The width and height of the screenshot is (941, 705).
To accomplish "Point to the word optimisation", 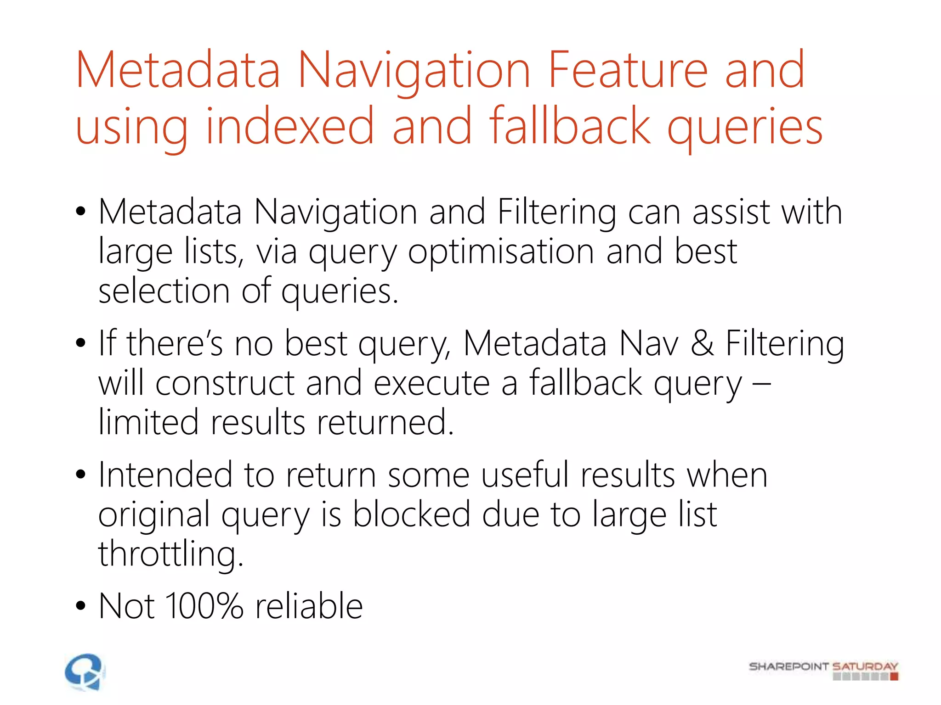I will [501, 252].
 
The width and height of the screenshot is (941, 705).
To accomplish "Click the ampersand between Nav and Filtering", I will [702, 343].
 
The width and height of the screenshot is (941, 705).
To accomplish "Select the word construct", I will [225, 383].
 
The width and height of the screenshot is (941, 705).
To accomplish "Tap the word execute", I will [431, 383].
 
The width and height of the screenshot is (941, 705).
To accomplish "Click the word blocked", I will [411, 515].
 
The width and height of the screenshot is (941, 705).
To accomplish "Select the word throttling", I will [170, 554].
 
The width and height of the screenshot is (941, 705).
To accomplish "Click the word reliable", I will [309, 606].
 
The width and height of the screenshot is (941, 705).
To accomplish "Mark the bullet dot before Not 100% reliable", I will [81, 606].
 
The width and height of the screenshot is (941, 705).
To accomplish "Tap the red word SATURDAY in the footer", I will [865, 666].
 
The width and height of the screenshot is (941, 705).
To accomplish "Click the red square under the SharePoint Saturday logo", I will [894, 677].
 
